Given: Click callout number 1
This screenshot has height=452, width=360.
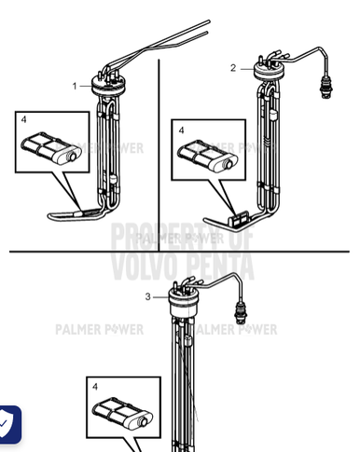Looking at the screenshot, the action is (x=75, y=85).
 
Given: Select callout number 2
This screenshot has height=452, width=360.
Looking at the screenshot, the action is (x=233, y=67).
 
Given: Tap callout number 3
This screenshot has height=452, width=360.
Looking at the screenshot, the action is (x=146, y=296).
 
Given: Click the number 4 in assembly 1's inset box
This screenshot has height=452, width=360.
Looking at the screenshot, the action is (x=23, y=118).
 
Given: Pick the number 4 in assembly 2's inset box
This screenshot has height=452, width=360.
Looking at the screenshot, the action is (x=181, y=130).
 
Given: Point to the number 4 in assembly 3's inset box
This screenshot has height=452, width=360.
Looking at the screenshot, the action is (x=94, y=384).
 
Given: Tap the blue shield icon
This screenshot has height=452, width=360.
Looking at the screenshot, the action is (x=8, y=424).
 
